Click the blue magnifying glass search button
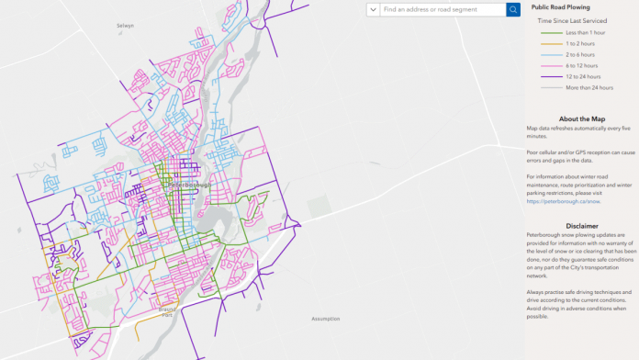point(513,9)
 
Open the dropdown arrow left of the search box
point(373,9)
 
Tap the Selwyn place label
point(125,26)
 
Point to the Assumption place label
point(326,319)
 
